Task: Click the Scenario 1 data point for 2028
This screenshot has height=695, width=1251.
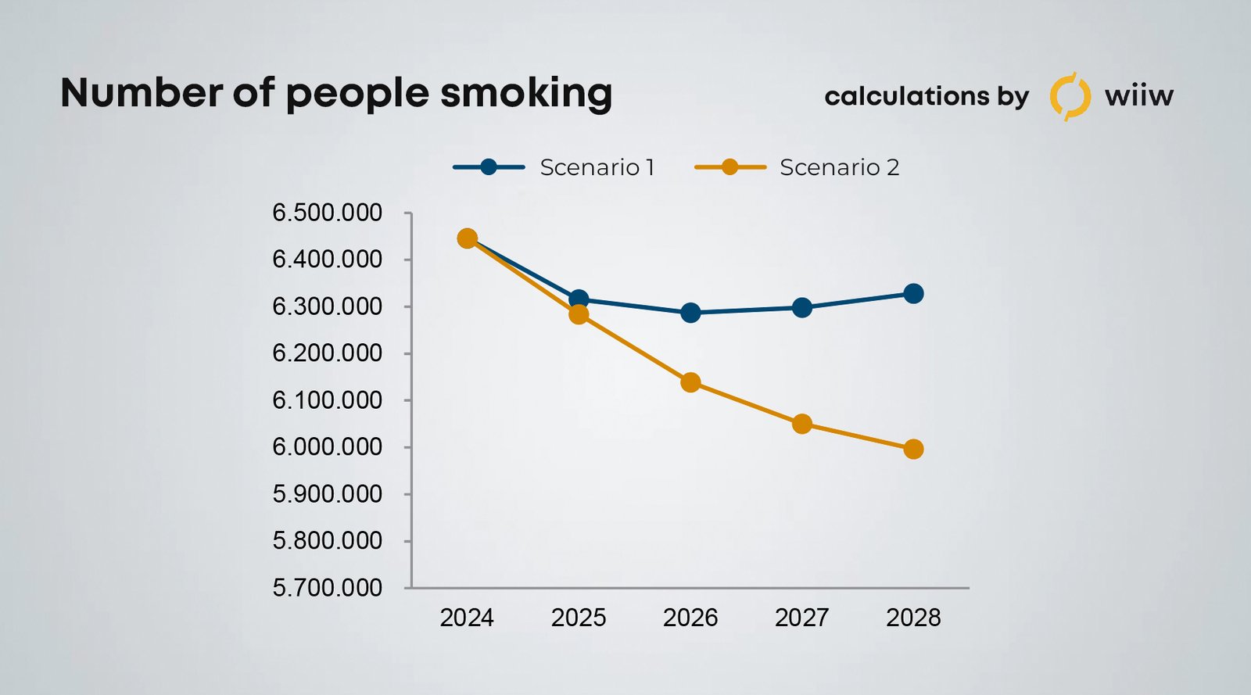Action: (x=913, y=294)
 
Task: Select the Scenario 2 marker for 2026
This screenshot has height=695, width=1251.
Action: (x=690, y=382)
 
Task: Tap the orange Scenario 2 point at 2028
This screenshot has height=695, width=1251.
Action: (x=913, y=450)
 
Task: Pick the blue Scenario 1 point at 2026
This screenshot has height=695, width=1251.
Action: (x=690, y=313)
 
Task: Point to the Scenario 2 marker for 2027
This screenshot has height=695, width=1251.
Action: (x=801, y=425)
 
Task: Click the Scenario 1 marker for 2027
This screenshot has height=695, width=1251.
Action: (x=801, y=307)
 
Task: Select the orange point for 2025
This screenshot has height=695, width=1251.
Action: (x=579, y=314)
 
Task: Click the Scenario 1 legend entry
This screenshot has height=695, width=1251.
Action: (x=554, y=167)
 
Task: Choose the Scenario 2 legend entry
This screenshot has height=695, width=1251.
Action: (x=797, y=167)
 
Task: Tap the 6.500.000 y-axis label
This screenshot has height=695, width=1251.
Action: (x=327, y=213)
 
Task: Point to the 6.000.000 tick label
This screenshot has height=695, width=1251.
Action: (x=327, y=447)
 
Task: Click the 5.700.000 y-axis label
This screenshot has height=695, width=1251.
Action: (x=327, y=588)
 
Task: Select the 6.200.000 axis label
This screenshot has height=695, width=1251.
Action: (x=327, y=353)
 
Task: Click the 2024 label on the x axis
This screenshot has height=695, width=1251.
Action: (x=467, y=618)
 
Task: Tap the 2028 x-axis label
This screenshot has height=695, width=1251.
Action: (x=913, y=618)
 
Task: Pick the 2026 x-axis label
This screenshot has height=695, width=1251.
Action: (x=690, y=618)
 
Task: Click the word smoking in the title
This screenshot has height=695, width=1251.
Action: (x=526, y=94)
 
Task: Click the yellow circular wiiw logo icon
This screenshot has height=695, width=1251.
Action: (x=1070, y=96)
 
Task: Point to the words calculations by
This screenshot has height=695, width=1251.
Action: (x=927, y=96)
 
